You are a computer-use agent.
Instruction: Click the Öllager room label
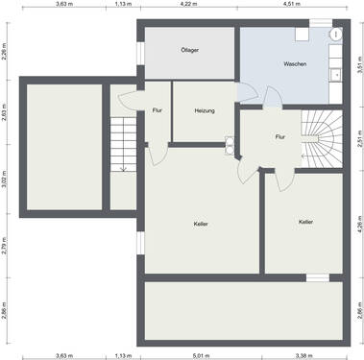click(x=188, y=49)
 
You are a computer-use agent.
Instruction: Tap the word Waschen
click(x=295, y=64)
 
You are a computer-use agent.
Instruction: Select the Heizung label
click(x=204, y=111)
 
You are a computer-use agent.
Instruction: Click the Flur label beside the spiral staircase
click(x=280, y=136)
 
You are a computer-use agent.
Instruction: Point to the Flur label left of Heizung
click(x=157, y=111)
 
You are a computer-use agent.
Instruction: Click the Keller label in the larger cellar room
click(x=201, y=224)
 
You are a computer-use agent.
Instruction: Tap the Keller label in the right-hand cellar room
click(x=305, y=222)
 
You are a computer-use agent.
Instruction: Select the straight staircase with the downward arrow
click(x=123, y=144)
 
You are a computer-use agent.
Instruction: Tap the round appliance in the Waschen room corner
click(x=336, y=35)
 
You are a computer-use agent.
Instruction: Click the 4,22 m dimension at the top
click(x=187, y=5)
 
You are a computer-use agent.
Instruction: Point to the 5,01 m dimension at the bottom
click(x=199, y=355)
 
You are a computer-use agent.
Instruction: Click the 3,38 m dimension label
click(x=304, y=355)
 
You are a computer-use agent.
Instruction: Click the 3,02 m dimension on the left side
click(x=4, y=181)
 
